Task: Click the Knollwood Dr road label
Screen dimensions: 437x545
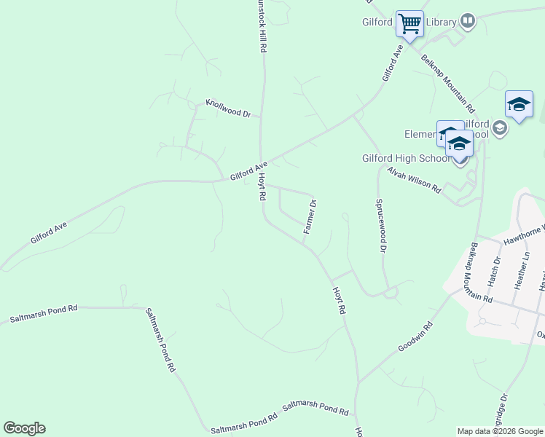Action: (228, 109)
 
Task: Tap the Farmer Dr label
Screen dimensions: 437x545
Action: (310, 216)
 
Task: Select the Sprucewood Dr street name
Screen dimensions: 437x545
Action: (380, 224)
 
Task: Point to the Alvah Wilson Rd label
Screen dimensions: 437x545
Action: (414, 179)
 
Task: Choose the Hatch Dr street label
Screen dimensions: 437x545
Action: (495, 270)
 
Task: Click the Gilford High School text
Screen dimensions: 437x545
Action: (406, 158)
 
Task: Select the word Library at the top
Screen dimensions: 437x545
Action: (441, 22)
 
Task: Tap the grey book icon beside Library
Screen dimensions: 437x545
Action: (468, 22)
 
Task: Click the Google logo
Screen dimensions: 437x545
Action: (24, 428)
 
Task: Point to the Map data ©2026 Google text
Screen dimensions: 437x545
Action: (500, 431)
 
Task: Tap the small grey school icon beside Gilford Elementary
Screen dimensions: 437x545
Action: (499, 129)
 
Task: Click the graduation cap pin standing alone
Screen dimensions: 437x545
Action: (519, 106)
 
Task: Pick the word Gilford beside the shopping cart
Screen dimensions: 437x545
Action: (377, 22)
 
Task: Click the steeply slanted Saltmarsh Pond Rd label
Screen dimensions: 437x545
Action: (161, 339)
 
